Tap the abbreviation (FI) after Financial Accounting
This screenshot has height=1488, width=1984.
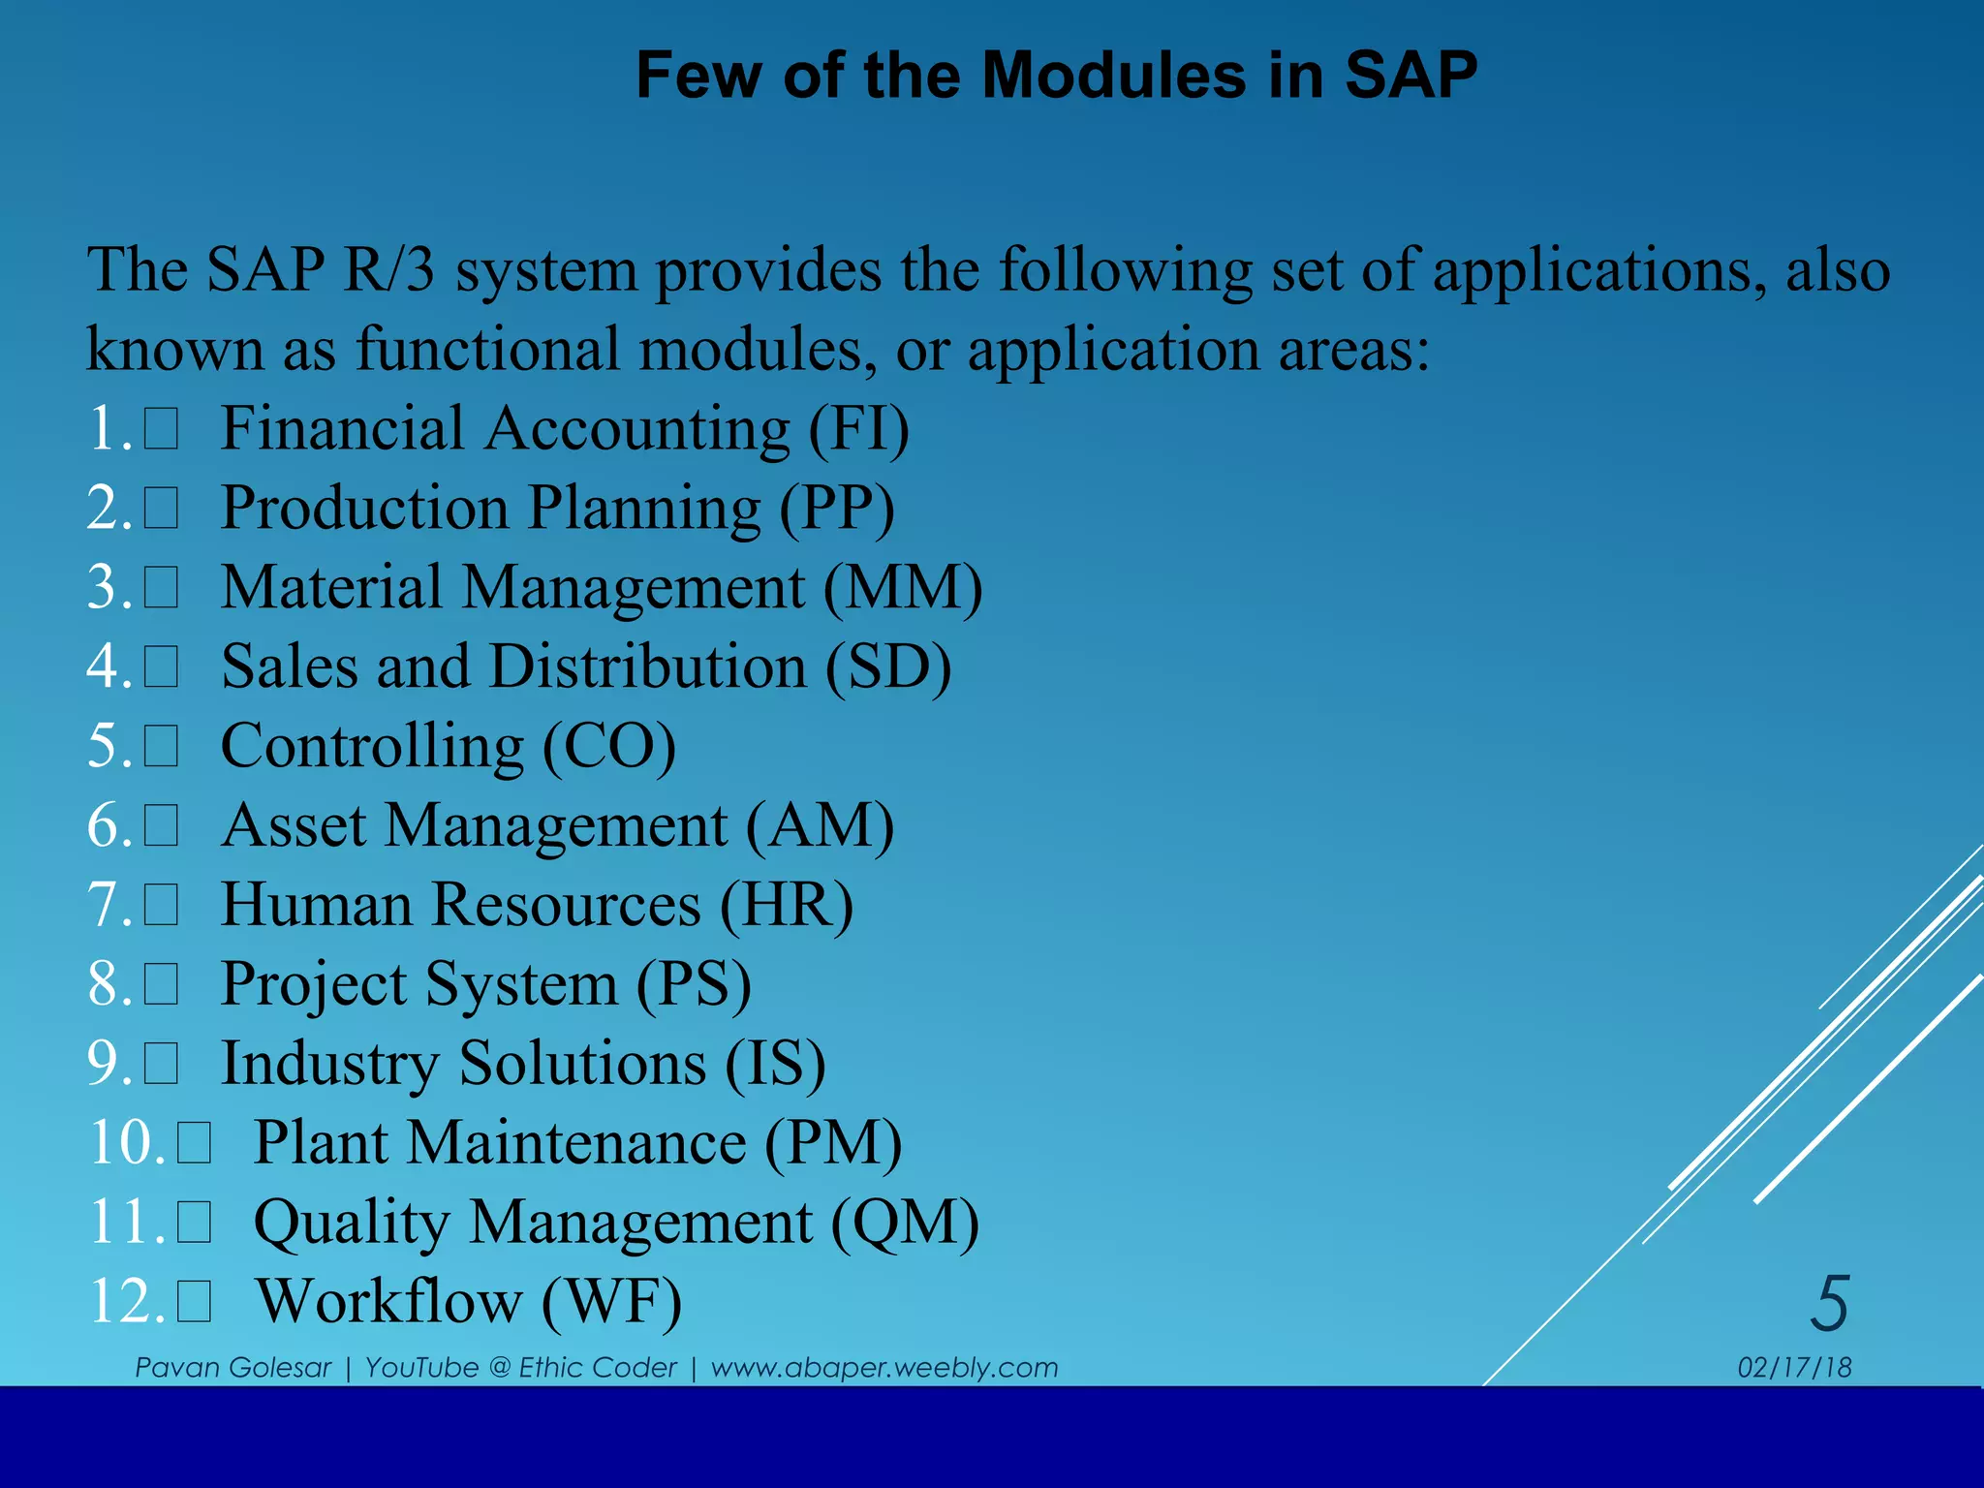coord(859,429)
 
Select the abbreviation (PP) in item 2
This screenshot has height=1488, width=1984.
coord(838,509)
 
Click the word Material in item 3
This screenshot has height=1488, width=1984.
coord(330,588)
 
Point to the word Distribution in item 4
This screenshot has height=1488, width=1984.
coord(648,667)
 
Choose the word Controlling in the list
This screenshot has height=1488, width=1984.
coord(372,747)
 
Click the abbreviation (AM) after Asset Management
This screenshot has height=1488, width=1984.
coord(820,826)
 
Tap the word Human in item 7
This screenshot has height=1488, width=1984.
coord(316,906)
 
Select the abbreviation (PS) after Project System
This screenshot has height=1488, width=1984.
coord(694,985)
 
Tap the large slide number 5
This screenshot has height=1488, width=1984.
coord(1829,1304)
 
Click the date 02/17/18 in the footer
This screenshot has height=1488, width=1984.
coord(1794,1368)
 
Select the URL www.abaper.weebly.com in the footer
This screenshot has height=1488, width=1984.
coord(883,1368)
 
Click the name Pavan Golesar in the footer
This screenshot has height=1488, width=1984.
coord(232,1368)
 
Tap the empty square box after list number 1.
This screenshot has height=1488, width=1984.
coord(162,429)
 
